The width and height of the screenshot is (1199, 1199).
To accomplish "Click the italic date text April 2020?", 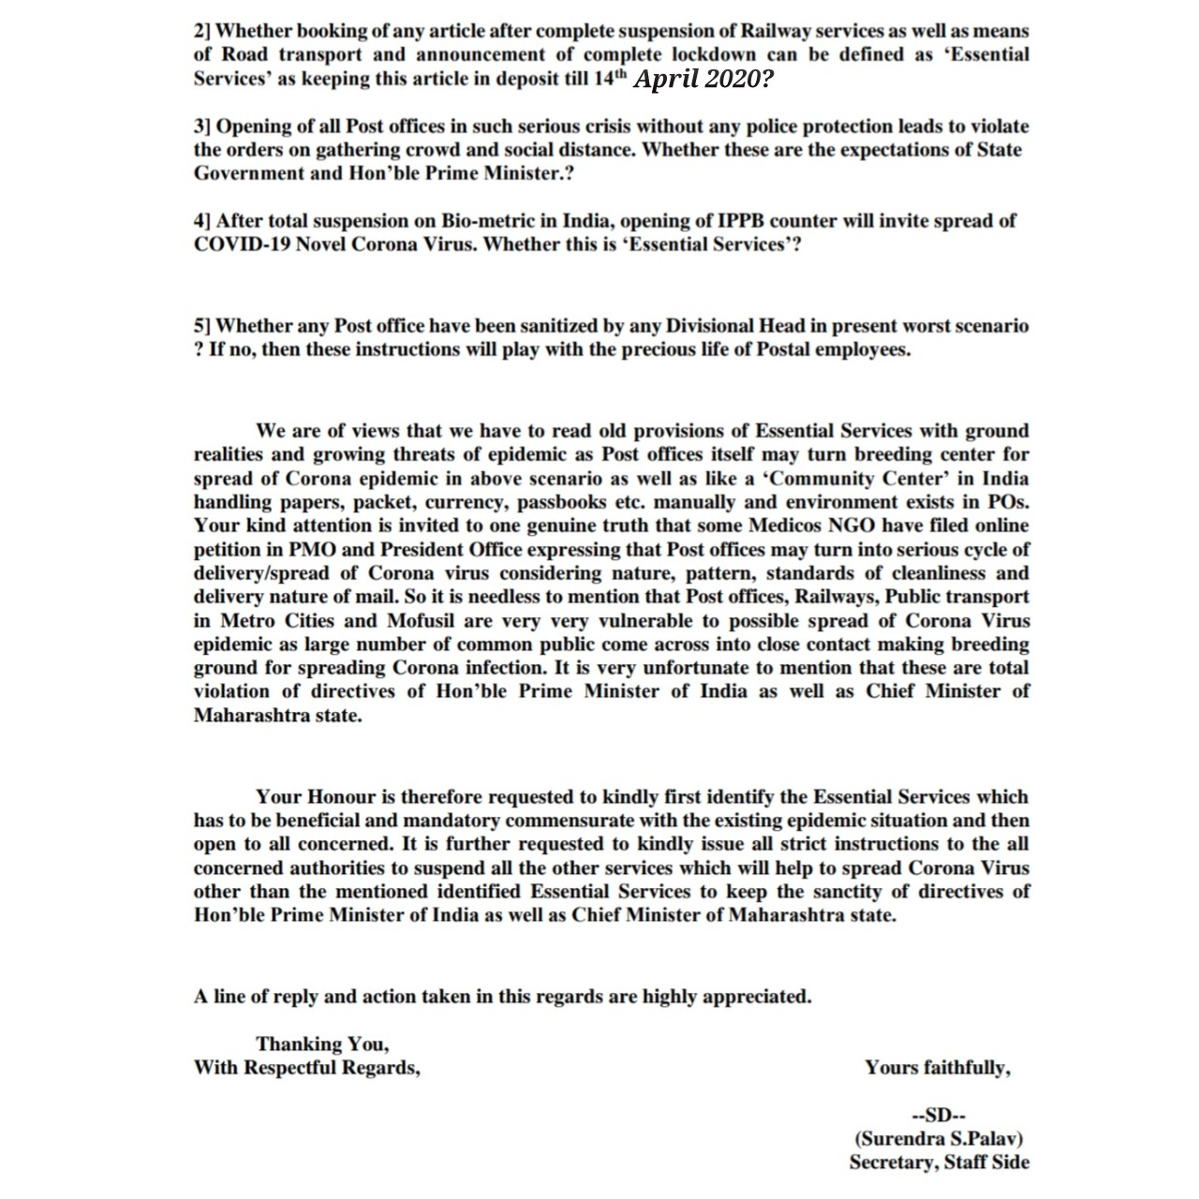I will click(x=703, y=80).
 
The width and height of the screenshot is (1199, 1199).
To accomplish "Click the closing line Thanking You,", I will click(x=322, y=1044).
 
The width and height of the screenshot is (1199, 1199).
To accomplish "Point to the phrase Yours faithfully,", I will click(x=938, y=1068).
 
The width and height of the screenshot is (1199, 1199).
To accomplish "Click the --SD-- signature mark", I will click(x=938, y=1115).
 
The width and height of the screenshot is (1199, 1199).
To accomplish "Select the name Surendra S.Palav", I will click(x=938, y=1139).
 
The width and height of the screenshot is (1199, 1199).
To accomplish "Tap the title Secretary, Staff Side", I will click(x=939, y=1162).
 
